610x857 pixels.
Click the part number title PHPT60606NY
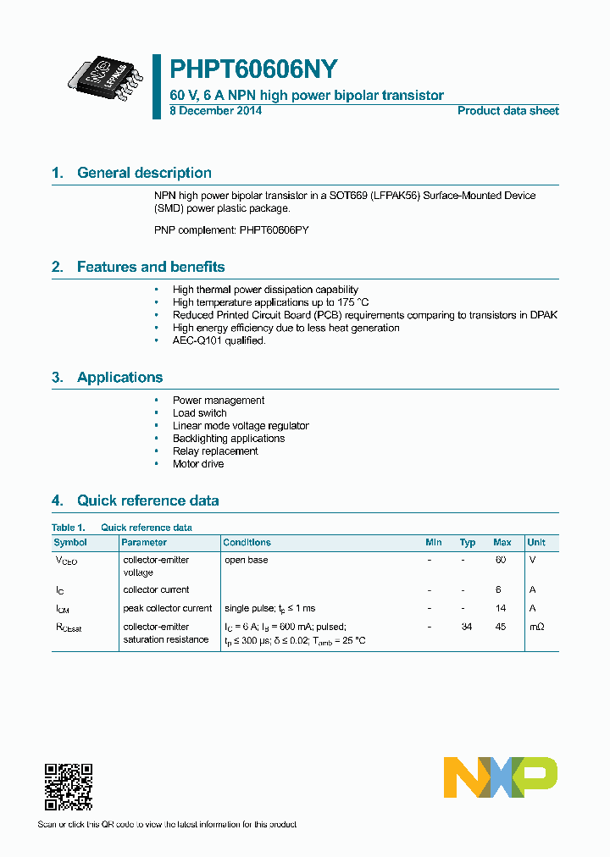click(x=254, y=69)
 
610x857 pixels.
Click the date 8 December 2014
click(x=215, y=111)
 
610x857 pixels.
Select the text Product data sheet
click(x=507, y=111)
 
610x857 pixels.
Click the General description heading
click(x=144, y=173)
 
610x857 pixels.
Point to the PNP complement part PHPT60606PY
click(x=273, y=229)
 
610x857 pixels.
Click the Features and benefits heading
click(x=151, y=267)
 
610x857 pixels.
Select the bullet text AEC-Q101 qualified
click(x=219, y=340)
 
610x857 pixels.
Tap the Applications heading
click(x=119, y=378)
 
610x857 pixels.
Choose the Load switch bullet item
click(x=199, y=413)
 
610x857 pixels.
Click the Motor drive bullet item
click(x=198, y=464)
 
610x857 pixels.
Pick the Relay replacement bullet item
click(x=215, y=451)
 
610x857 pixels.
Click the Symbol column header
click(x=70, y=542)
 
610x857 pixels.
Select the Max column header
click(x=502, y=542)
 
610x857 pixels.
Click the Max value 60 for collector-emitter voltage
click(x=500, y=560)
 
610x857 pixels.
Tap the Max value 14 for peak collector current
click(x=500, y=608)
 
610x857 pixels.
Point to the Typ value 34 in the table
click(x=466, y=627)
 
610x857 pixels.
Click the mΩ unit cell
click(x=536, y=627)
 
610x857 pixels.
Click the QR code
click(x=68, y=787)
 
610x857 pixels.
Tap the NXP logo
click(x=500, y=777)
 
